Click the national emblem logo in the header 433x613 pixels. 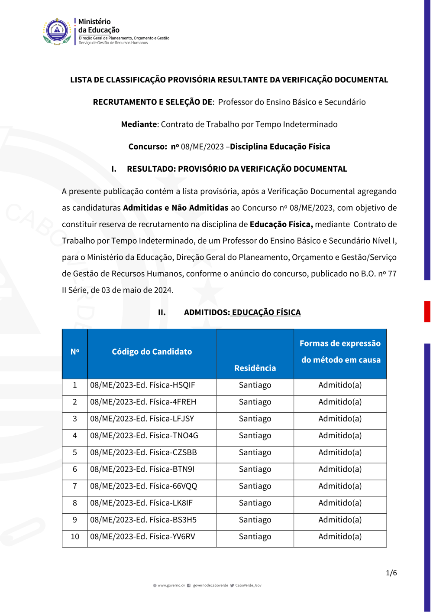click(x=57, y=31)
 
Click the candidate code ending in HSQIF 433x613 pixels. click(x=142, y=385)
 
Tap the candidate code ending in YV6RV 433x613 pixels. click(x=142, y=537)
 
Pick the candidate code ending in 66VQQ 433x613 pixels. click(x=143, y=486)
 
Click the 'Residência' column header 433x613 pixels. click(x=255, y=368)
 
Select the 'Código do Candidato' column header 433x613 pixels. click(x=152, y=352)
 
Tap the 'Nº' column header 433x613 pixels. click(x=75, y=352)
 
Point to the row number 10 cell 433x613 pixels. click(x=75, y=537)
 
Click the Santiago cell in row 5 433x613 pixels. click(x=255, y=453)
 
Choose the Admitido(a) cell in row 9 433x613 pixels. click(x=340, y=520)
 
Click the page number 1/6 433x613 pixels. click(x=391, y=573)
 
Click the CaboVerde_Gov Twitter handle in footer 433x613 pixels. click(x=248, y=586)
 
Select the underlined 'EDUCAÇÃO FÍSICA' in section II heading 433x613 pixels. click(x=266, y=313)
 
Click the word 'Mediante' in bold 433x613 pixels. click(x=139, y=124)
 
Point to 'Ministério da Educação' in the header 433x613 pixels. click(x=99, y=26)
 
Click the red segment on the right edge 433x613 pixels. click(x=427, y=311)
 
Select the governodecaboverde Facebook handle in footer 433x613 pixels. click(x=210, y=586)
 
